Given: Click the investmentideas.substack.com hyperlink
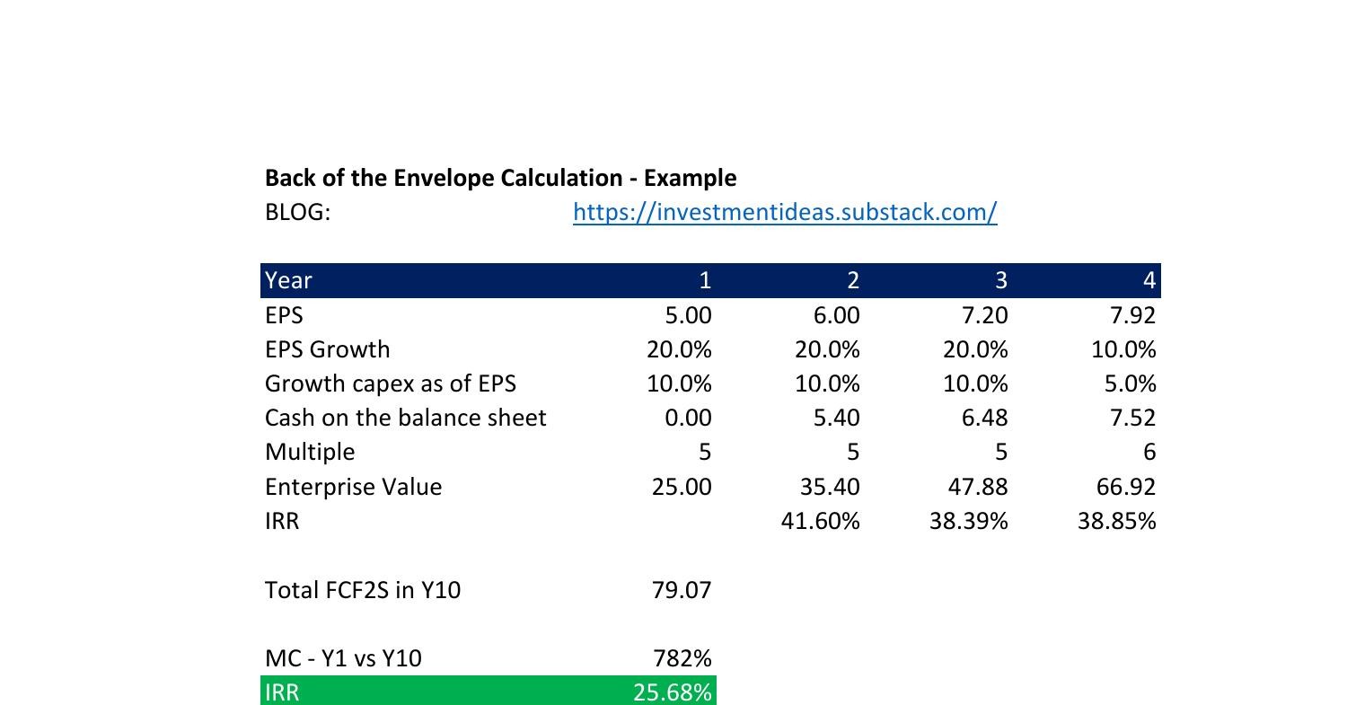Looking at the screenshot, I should [x=785, y=213].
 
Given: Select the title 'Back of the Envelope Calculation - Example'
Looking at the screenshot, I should [x=500, y=178].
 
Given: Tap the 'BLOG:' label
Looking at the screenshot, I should [x=297, y=213].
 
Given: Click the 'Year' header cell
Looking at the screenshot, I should [x=288, y=280].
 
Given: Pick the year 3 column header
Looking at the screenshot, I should [x=1000, y=280].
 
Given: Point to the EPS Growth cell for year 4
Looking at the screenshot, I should [x=1123, y=349].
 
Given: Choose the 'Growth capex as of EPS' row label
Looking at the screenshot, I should [x=390, y=383].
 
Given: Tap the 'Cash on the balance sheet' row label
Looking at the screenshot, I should [x=405, y=418].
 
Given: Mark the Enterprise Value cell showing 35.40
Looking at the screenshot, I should [x=830, y=487].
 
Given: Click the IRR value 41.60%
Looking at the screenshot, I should [x=821, y=521].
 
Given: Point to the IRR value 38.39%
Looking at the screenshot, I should [x=969, y=521].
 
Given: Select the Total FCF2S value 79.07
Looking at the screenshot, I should [x=683, y=590].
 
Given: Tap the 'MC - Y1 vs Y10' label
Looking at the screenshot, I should [x=342, y=658].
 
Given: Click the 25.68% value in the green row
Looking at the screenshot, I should [x=673, y=692].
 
